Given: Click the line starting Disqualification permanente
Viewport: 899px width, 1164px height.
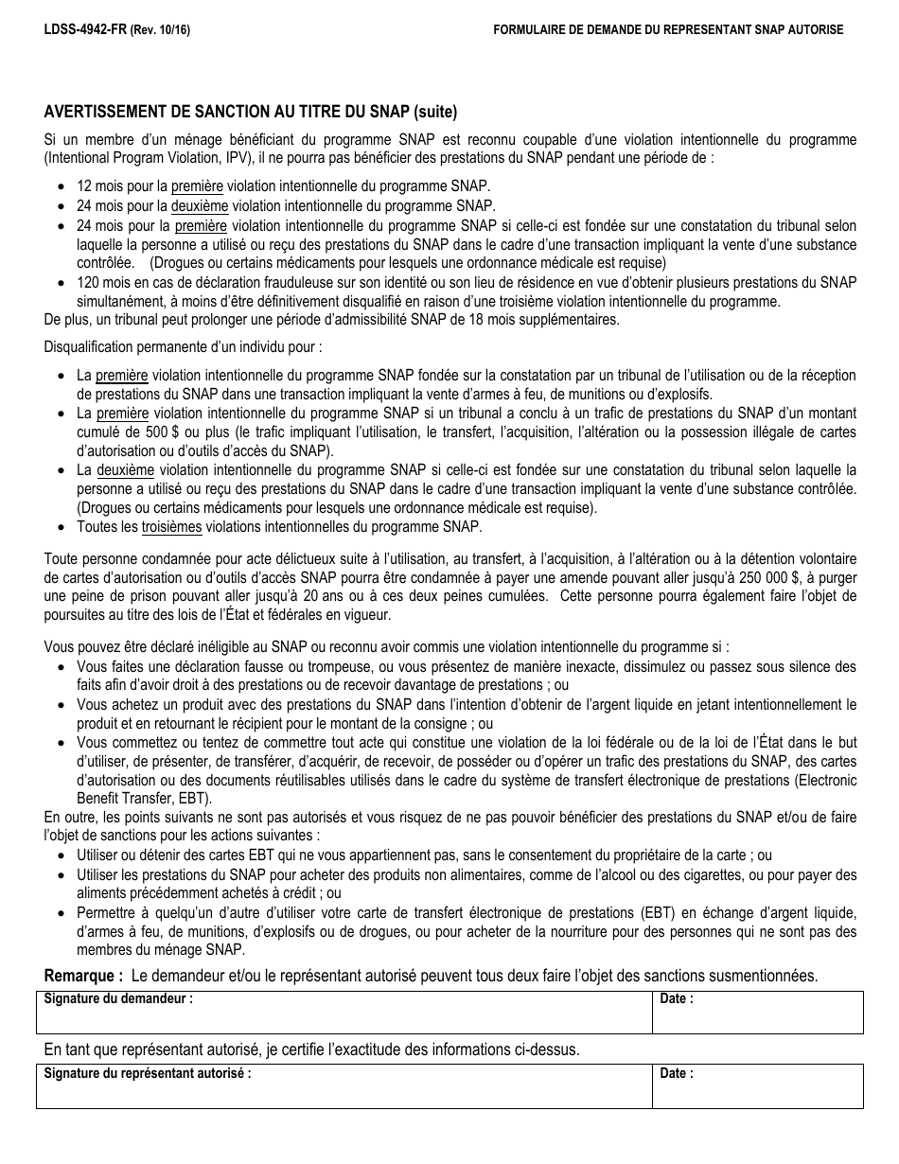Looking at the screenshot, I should click(183, 347).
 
